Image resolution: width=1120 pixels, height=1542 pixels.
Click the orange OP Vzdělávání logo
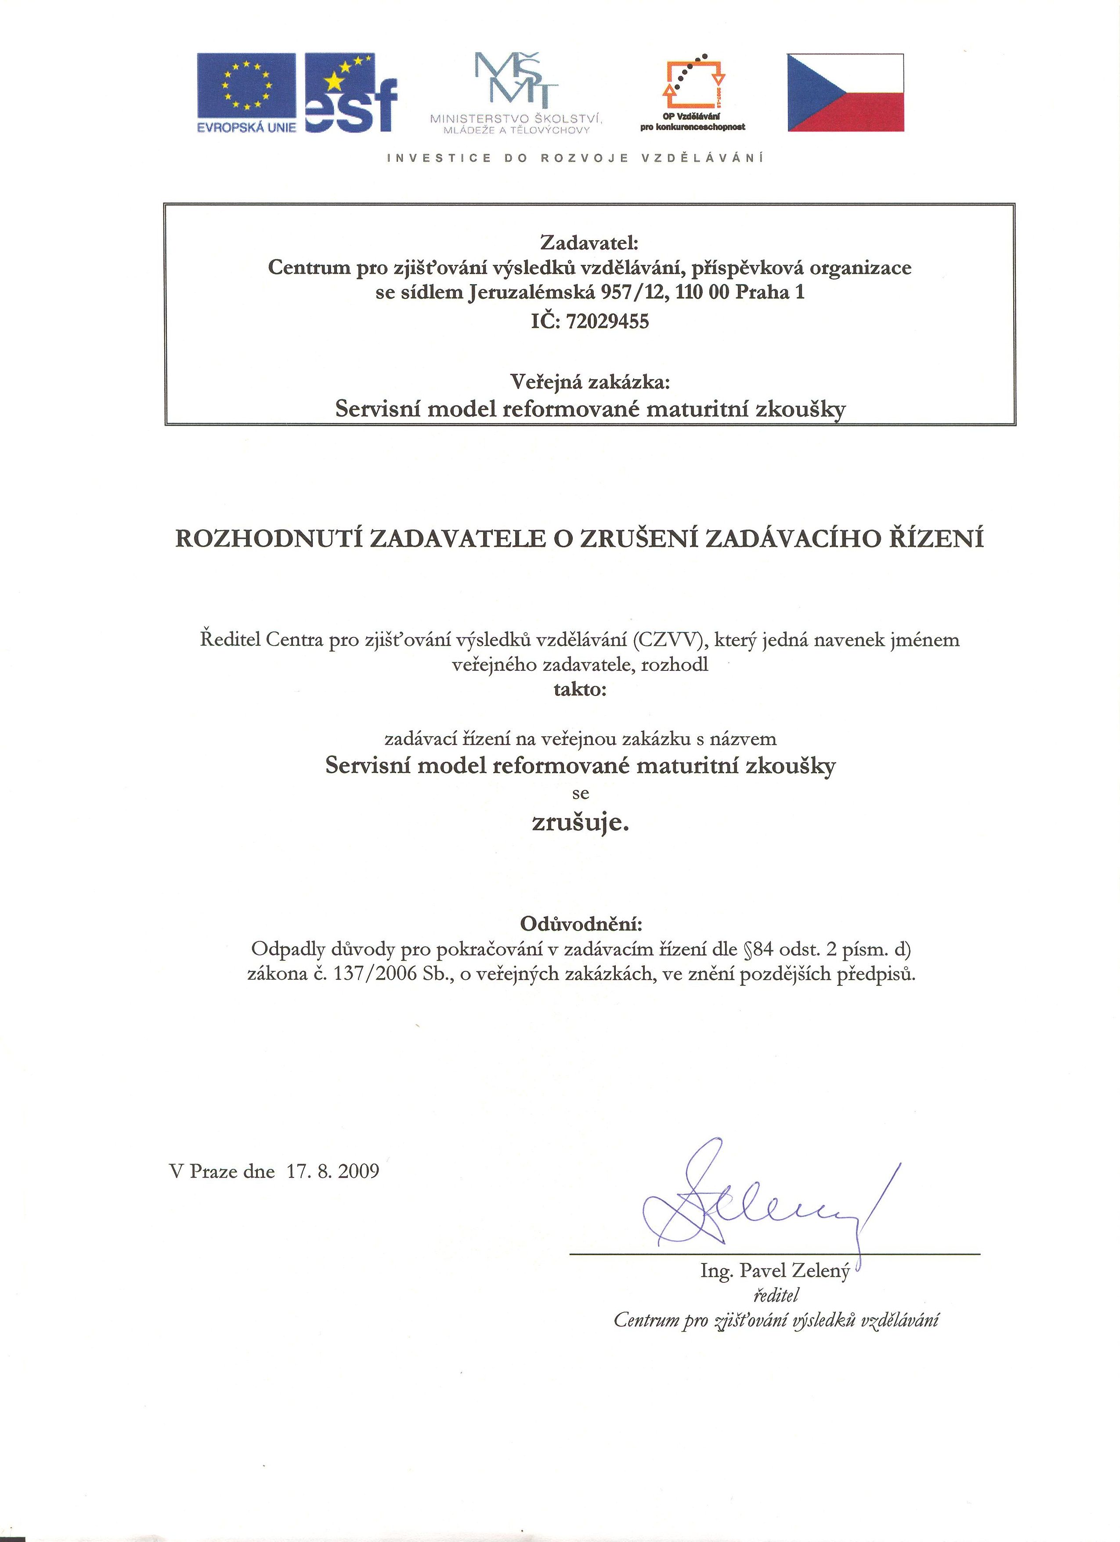(x=693, y=92)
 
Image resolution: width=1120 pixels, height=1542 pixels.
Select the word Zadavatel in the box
(x=589, y=242)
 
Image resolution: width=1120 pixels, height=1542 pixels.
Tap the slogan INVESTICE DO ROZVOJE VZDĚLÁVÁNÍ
(x=575, y=159)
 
